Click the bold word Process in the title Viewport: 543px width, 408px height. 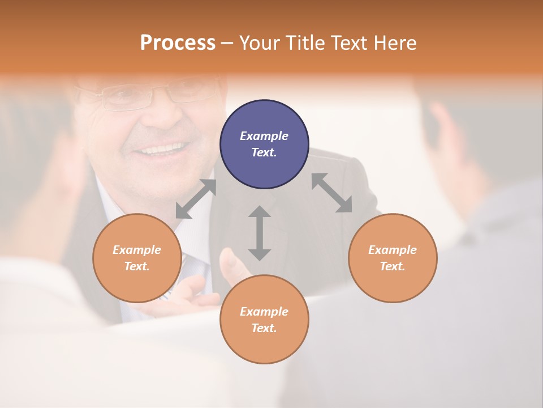point(178,43)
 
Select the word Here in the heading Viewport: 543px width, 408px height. point(394,43)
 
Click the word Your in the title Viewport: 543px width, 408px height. point(260,43)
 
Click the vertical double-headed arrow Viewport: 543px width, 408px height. point(260,233)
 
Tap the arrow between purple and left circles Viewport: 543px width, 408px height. point(196,199)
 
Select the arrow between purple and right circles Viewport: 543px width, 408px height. point(331,193)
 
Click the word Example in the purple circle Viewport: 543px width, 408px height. point(264,136)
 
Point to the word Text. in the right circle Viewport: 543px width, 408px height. point(392,266)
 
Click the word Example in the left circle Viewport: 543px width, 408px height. point(137,250)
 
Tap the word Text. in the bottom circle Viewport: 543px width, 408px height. point(264,328)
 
